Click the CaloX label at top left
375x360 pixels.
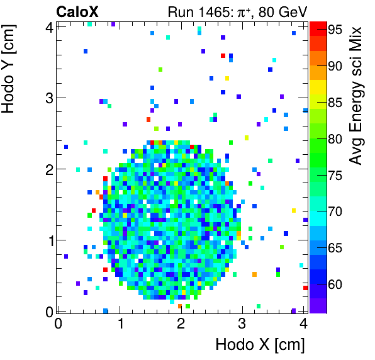point(77,11)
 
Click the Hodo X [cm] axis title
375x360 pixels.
point(260,345)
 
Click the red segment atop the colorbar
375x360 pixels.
point(317,27)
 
